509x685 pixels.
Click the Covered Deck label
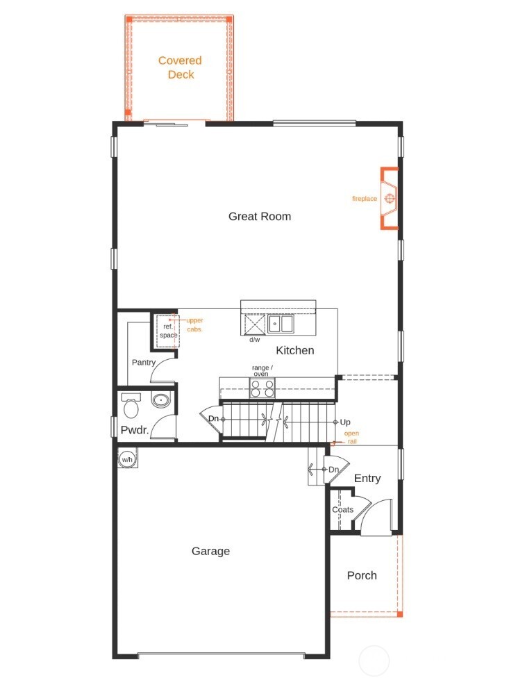point(180,67)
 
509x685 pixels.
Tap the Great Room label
point(260,216)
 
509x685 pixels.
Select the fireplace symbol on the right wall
point(390,199)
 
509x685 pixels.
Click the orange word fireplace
point(365,199)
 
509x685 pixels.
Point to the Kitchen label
point(295,350)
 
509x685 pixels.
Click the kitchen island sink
point(282,324)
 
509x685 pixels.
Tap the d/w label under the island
point(255,340)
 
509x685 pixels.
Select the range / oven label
point(262,370)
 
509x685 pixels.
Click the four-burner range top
point(262,388)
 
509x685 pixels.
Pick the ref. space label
point(168,331)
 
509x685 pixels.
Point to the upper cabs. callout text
point(194,324)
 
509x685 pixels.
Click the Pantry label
point(143,362)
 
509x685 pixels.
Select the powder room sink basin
point(161,399)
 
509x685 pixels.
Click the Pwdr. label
point(135,430)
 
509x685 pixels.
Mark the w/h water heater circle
point(127,459)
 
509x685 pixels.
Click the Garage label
point(210,551)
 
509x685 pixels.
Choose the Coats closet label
point(342,509)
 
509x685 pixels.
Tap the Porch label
point(362,575)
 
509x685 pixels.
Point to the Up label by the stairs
point(345,422)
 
